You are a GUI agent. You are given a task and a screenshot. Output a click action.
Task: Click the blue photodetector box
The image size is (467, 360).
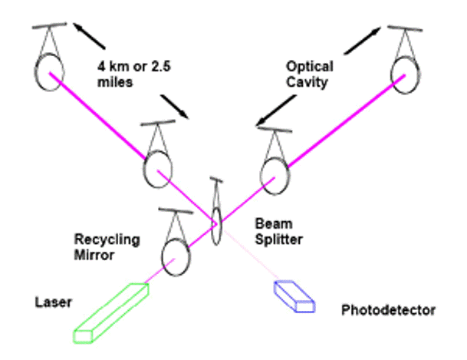295,296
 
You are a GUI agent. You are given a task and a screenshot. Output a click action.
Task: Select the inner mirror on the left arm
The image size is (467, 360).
157,163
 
